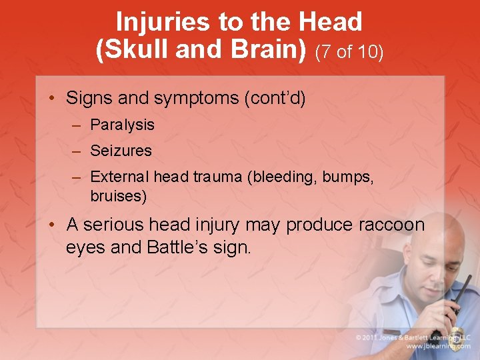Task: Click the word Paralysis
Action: coord(122,125)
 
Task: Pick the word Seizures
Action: coord(121,151)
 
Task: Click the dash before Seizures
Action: coord(77,151)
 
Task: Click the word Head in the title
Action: coord(331,22)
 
